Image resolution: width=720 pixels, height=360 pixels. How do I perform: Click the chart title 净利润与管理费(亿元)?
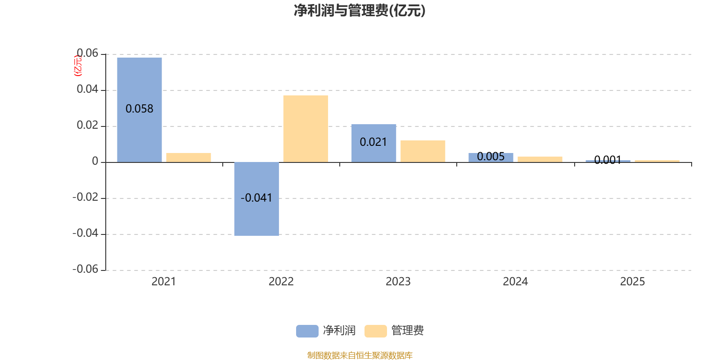pyautogui.click(x=360, y=11)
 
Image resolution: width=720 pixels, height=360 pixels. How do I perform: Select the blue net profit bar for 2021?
pyautogui.click(x=139, y=110)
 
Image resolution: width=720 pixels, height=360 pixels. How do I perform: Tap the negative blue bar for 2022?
pyautogui.click(x=256, y=199)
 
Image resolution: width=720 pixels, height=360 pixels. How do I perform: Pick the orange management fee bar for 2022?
pyautogui.click(x=306, y=129)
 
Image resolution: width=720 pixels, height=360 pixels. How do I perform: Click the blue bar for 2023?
pyautogui.click(x=374, y=144)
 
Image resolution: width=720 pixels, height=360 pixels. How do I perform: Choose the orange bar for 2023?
pyautogui.click(x=423, y=151)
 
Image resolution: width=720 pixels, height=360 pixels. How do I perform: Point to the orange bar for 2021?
pyautogui.click(x=189, y=157)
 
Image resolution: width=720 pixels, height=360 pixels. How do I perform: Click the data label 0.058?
pyautogui.click(x=139, y=109)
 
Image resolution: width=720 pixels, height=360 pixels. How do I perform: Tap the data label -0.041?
pyautogui.click(x=256, y=198)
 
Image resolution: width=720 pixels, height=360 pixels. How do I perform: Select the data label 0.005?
pyautogui.click(x=491, y=157)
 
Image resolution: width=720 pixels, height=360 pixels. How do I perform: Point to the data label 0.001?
pyautogui.click(x=608, y=160)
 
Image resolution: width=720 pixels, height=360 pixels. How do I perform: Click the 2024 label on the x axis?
pyautogui.click(x=515, y=282)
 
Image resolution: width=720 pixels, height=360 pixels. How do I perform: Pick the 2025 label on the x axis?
pyautogui.click(x=632, y=282)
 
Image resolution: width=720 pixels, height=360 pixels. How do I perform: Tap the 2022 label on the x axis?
pyautogui.click(x=281, y=282)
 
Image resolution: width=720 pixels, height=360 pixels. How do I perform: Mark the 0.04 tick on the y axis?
pyautogui.click(x=87, y=89)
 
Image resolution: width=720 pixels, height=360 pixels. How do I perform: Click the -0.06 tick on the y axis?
pyautogui.click(x=85, y=269)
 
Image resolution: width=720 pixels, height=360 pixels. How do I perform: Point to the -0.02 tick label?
pyautogui.click(x=85, y=197)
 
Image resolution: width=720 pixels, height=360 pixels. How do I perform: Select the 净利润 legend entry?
pyautogui.click(x=326, y=331)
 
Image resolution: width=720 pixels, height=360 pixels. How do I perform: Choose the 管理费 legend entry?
pyautogui.click(x=394, y=331)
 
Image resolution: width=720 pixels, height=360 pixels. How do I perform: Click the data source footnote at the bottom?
pyautogui.click(x=360, y=355)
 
